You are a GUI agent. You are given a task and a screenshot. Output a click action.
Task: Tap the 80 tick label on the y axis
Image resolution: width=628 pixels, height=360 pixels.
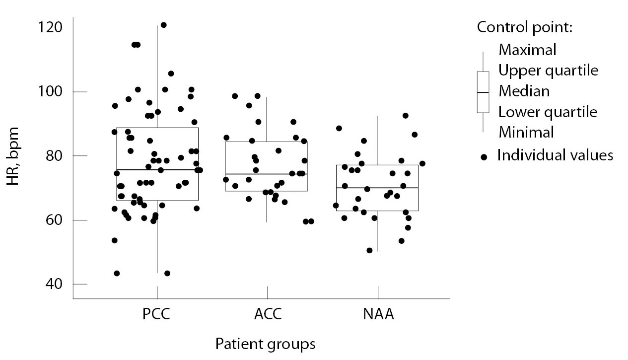(53, 156)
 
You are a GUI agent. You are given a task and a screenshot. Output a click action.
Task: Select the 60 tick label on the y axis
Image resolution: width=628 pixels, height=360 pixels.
(53, 220)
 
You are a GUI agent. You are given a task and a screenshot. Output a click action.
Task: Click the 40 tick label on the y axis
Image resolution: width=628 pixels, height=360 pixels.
(53, 285)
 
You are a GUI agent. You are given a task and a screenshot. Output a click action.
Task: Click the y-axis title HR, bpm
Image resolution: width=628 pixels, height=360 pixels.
(13, 156)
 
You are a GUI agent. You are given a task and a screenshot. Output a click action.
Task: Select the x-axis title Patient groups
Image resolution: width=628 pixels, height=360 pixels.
(265, 344)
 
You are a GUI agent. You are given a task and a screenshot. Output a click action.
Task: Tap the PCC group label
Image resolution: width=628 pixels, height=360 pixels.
(157, 315)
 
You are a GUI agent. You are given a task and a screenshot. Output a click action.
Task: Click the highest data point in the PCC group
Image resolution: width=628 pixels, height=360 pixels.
(163, 25)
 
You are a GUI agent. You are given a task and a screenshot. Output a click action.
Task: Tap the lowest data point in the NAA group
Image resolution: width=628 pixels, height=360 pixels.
(369, 250)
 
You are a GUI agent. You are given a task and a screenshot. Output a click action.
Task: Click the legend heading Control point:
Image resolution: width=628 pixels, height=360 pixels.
(525, 27)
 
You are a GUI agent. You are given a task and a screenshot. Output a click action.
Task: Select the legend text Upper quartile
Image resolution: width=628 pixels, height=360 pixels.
(548, 71)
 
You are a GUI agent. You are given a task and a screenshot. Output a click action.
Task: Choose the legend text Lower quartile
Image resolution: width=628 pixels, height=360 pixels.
(548, 112)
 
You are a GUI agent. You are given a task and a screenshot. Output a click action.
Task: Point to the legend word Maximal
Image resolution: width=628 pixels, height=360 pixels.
(527, 50)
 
